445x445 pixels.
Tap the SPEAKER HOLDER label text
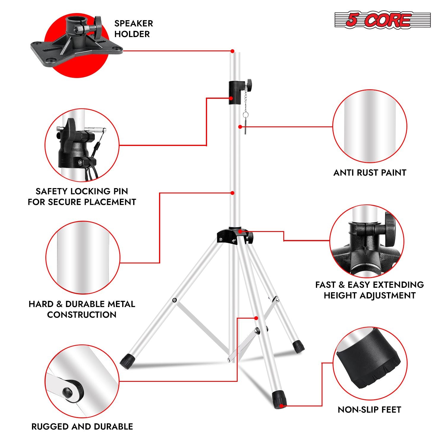pyautogui.click(x=133, y=29)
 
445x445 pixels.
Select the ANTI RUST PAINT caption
pyautogui.click(x=370, y=173)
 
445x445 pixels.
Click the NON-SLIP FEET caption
pyautogui.click(x=369, y=410)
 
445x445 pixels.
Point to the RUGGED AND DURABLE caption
pyautogui.click(x=82, y=427)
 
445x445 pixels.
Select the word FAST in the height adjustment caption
pyautogui.click(x=325, y=285)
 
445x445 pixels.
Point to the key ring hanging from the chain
pyautogui.click(x=245, y=115)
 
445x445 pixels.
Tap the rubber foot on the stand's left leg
pyautogui.click(x=128, y=361)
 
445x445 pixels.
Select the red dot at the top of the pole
pyautogui.click(x=233, y=51)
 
